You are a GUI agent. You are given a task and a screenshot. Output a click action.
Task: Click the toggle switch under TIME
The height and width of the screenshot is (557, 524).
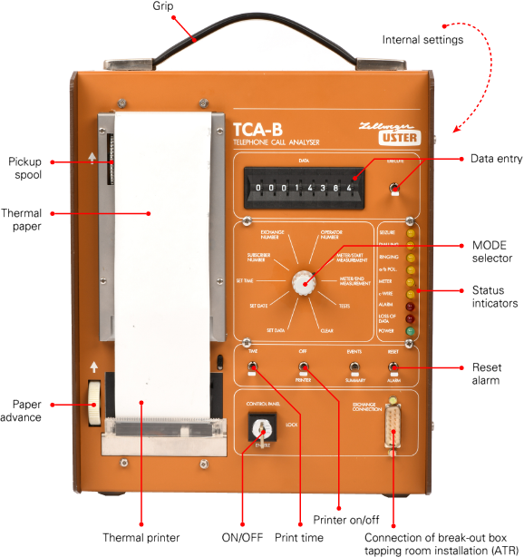point(252,368)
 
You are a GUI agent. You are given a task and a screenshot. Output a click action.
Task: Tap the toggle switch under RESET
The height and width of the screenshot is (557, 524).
point(393,368)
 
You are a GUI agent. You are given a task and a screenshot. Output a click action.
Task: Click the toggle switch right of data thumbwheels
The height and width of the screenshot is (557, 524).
point(393,190)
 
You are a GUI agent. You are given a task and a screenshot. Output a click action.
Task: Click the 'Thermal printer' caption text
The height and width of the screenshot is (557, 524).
point(141,536)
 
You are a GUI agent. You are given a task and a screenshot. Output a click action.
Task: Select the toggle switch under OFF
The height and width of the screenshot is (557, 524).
point(303,369)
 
